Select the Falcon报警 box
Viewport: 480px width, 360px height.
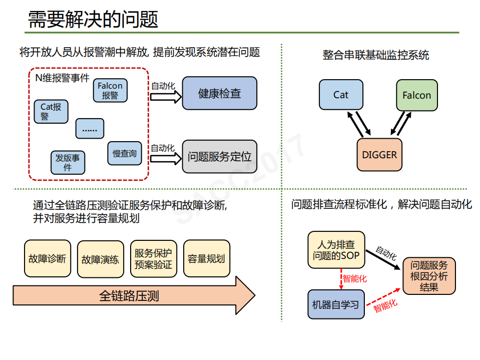point(110,91)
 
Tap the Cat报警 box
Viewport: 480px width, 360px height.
point(51,112)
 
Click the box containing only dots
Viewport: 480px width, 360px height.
point(90,129)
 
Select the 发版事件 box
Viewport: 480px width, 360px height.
point(68,162)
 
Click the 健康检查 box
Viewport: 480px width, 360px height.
point(219,93)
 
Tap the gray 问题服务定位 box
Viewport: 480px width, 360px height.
point(219,157)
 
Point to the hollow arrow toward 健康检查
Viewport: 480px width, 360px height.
point(166,96)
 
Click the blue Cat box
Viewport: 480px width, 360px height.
point(340,95)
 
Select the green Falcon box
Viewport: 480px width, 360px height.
point(416,95)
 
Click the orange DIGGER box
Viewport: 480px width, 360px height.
point(379,155)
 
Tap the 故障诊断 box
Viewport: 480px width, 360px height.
point(47,259)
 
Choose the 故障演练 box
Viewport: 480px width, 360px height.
point(100,259)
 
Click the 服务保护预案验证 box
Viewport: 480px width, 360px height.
point(153,259)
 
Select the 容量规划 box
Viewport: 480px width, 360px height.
point(206,259)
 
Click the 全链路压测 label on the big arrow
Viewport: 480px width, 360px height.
point(129,295)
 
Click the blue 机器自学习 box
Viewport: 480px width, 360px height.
point(336,304)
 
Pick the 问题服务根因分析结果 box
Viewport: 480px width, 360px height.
point(429,276)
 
